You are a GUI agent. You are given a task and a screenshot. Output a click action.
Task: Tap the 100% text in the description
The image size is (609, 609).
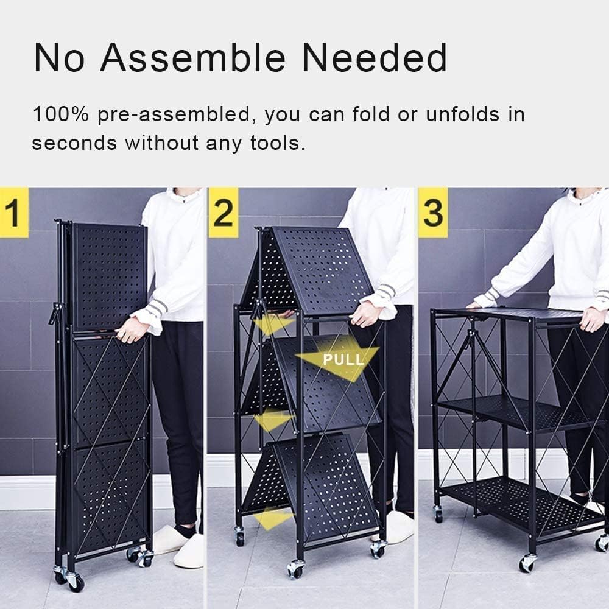pos(61,114)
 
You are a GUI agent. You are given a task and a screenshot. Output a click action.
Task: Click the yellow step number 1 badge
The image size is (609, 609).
pos(15,212)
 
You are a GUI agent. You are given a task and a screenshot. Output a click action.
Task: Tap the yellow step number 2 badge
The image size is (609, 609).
pos(224,212)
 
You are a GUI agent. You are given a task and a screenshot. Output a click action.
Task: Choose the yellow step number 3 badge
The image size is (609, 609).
pos(433,212)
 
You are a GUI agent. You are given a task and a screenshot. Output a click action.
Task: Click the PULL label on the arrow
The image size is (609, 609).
pos(343,359)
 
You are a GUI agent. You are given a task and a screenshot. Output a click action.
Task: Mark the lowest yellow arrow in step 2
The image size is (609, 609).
pos(272,518)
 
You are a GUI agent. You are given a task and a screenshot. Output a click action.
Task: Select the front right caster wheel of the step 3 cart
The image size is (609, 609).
pos(527,563)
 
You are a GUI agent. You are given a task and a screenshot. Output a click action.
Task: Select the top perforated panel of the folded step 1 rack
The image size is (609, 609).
pos(110,276)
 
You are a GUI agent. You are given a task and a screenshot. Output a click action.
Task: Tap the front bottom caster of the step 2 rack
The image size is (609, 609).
pos(296,569)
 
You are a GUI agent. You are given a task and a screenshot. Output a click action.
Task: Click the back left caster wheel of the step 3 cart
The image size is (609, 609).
pos(438,514)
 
